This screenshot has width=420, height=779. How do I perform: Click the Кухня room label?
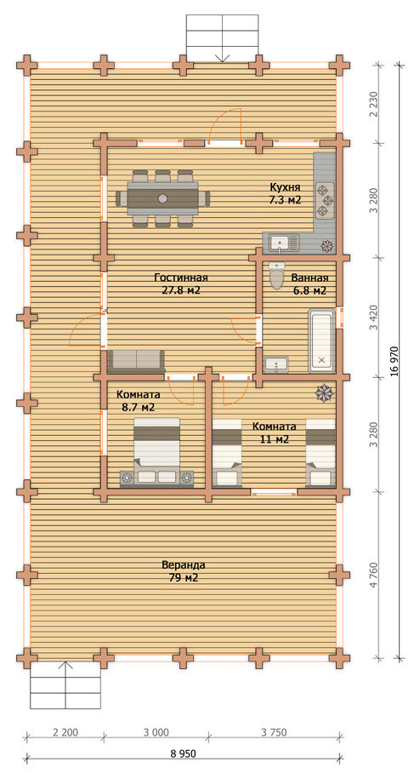[x=285, y=187]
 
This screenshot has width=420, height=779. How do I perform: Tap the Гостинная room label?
[x=180, y=278]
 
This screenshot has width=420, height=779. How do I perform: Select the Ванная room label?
[x=309, y=278]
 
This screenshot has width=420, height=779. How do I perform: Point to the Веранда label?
[x=184, y=564]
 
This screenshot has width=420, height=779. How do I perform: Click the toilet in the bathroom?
[x=276, y=275]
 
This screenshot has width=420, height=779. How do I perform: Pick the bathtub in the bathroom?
[x=322, y=341]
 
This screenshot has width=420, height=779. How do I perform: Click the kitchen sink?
[x=285, y=243]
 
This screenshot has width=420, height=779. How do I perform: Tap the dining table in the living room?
[x=163, y=198]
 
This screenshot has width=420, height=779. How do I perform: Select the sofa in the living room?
[x=136, y=361]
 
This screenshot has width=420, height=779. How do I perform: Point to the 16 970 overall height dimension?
[x=394, y=361]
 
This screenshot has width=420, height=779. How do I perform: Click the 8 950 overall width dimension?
[x=184, y=753]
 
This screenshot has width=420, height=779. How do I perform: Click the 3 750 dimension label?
[x=274, y=732]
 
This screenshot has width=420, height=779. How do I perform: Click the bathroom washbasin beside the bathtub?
[x=275, y=364]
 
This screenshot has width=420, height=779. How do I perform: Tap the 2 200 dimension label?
[x=65, y=732]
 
